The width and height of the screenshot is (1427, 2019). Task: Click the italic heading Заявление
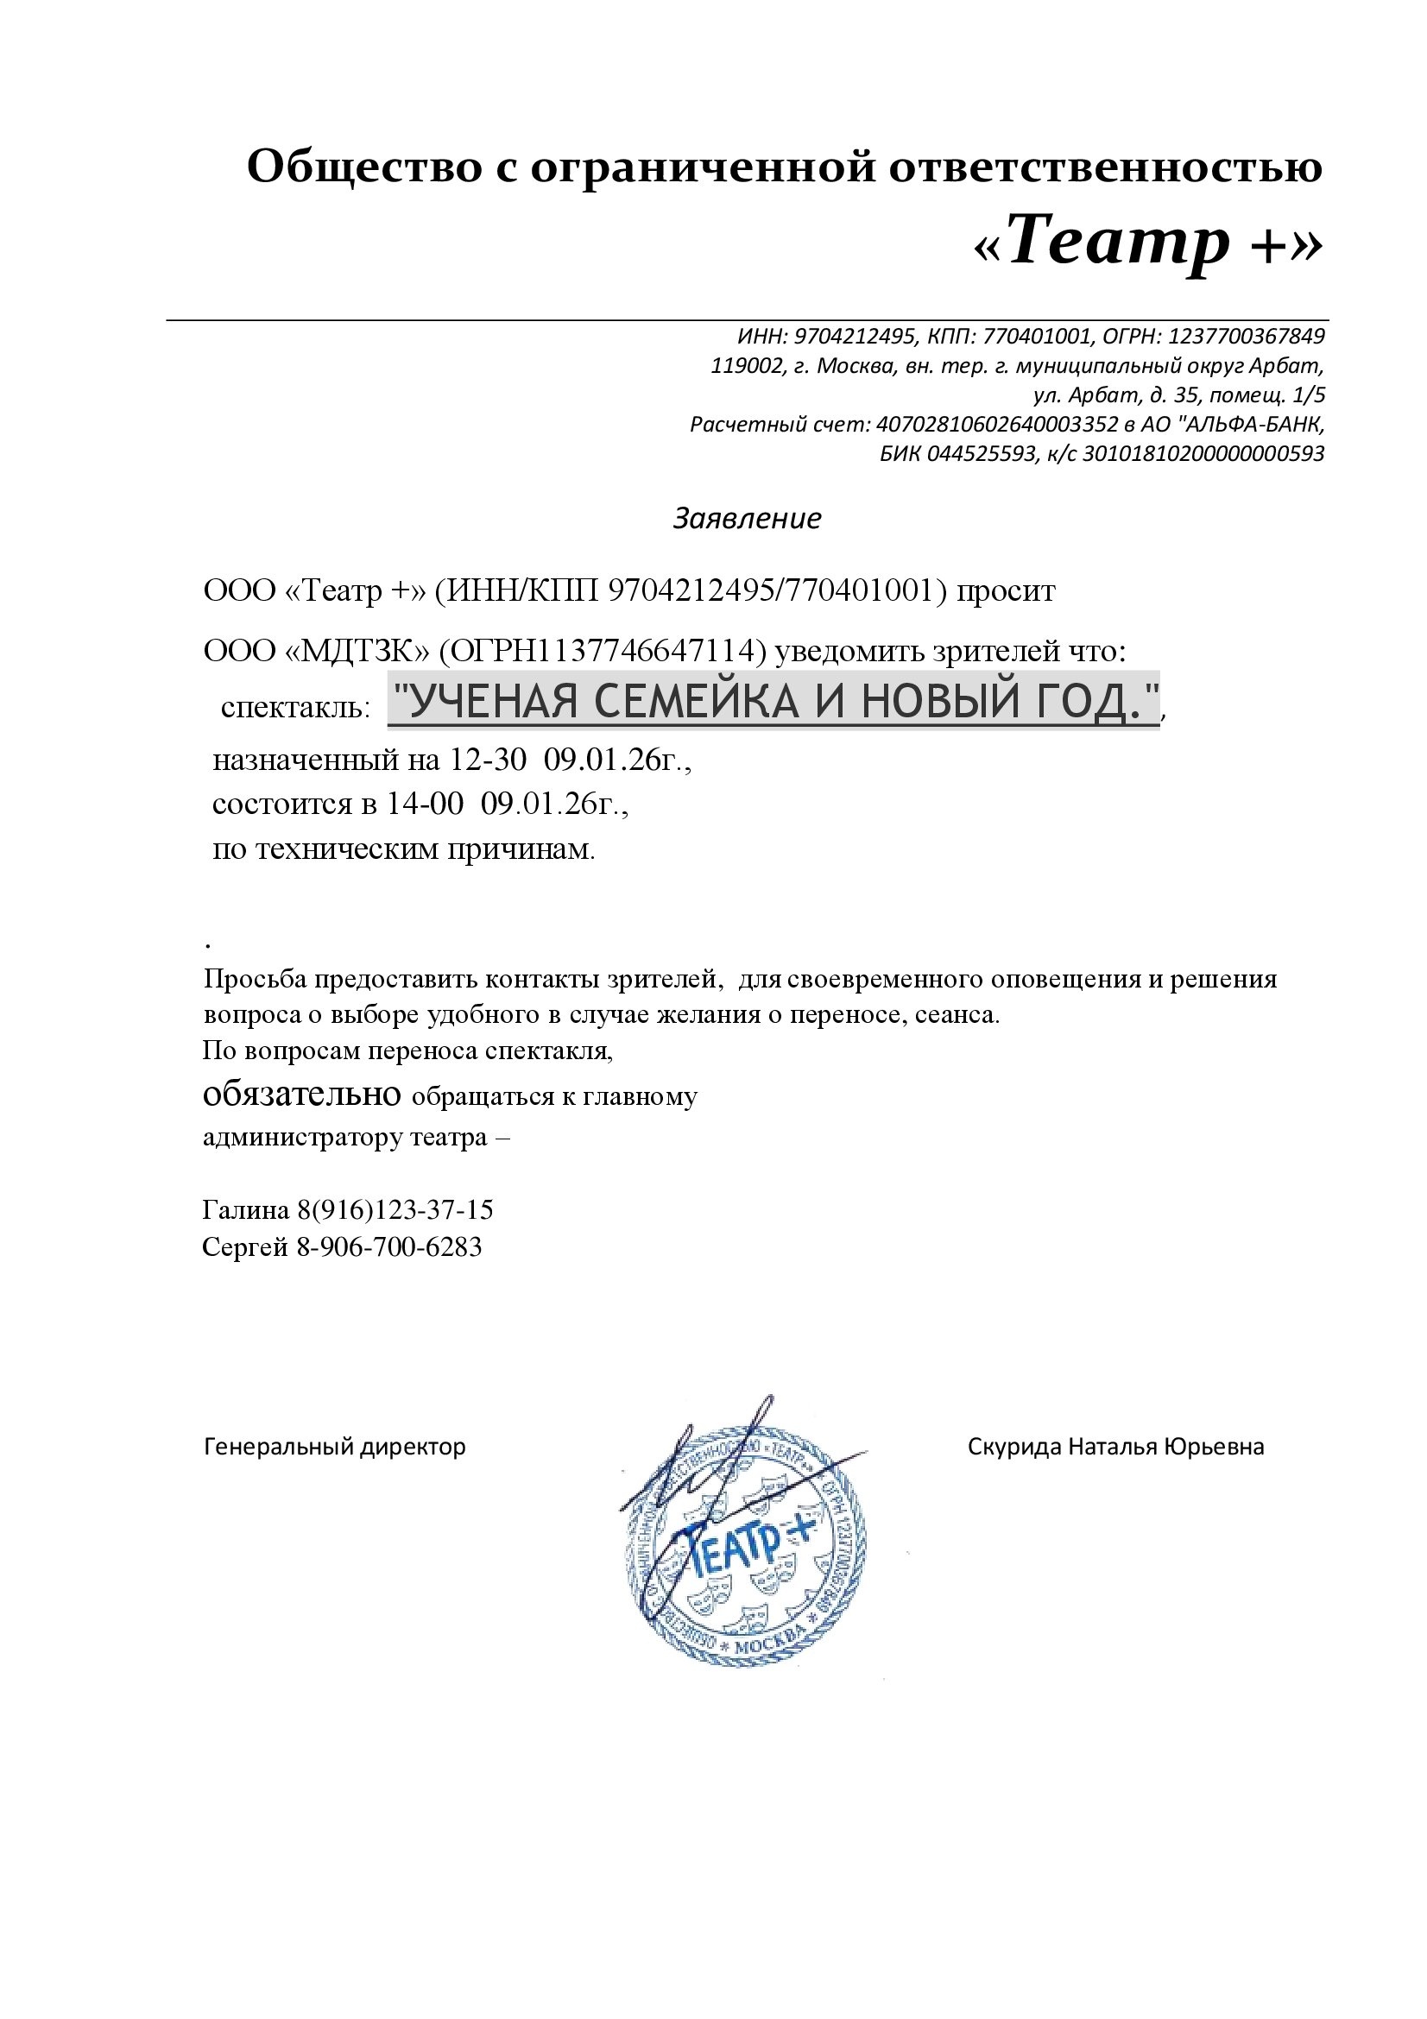[747, 519]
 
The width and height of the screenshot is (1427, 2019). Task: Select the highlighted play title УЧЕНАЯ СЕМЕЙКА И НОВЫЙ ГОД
[773, 701]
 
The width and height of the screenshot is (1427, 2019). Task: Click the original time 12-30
[488, 759]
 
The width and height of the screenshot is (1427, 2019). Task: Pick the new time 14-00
[425, 804]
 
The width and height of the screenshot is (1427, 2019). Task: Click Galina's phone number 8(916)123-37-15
[395, 1211]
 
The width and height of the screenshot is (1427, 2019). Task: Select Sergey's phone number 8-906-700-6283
[389, 1247]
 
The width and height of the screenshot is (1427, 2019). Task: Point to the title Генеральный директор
[334, 1447]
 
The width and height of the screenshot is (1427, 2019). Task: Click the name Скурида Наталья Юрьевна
[1115, 1447]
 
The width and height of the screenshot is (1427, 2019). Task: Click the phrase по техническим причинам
[403, 849]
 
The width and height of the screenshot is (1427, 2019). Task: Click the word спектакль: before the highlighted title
[295, 708]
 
